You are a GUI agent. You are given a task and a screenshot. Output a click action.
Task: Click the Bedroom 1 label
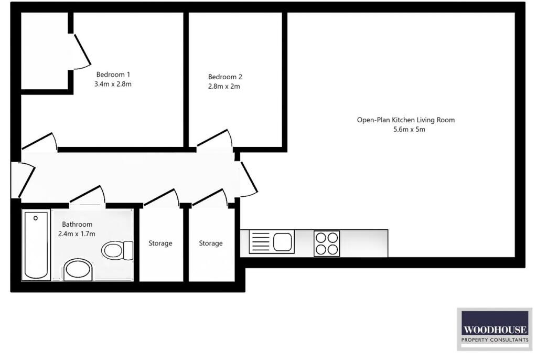click(x=113, y=74)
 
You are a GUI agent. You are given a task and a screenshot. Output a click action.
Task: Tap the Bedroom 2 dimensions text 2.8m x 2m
click(x=224, y=86)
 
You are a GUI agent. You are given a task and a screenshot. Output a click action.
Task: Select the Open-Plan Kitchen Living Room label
click(x=405, y=120)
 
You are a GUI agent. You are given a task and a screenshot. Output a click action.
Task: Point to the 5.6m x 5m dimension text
click(x=405, y=129)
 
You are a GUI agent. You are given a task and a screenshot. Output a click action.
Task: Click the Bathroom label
click(x=77, y=225)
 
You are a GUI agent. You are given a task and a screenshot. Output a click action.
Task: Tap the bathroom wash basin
click(x=78, y=270)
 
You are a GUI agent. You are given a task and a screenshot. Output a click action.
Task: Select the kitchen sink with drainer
click(x=272, y=242)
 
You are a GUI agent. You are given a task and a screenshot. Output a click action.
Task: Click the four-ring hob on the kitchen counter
click(x=327, y=243)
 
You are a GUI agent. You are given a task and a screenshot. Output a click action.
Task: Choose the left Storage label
click(x=160, y=243)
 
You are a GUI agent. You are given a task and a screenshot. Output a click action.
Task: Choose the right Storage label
click(x=211, y=243)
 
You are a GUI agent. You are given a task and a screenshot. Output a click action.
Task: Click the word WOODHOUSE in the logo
click(x=495, y=330)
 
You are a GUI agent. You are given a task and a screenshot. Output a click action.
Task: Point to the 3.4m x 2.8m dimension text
click(x=113, y=83)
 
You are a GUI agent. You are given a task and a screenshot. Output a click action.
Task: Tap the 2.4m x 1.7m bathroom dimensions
click(x=77, y=234)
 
